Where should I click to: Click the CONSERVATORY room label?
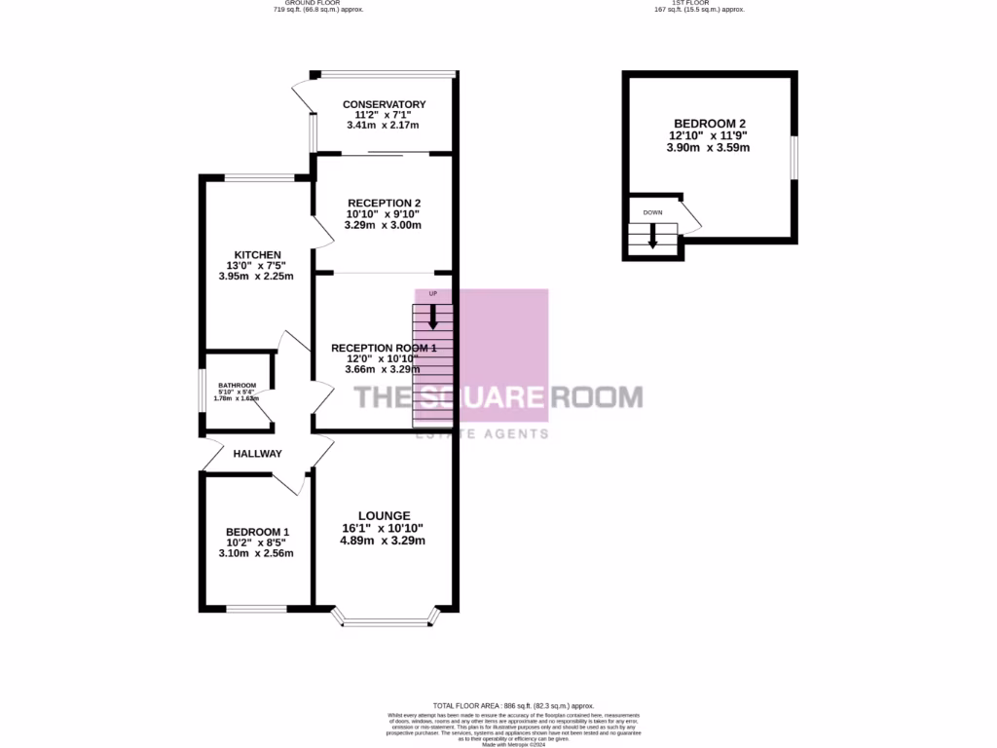pos(384,104)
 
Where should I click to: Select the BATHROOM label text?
pos(237,385)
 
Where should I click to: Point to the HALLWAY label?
pos(257,454)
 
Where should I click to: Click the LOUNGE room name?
pos(384,516)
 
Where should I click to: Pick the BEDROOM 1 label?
pos(257,532)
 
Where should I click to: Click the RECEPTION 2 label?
pos(383,203)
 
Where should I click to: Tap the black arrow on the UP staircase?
pos(433,317)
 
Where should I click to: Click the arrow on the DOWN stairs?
pos(652,237)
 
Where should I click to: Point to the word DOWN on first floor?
pos(651,211)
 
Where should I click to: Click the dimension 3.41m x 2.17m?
pos(384,126)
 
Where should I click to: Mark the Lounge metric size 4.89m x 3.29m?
pos(384,541)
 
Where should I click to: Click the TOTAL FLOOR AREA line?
pos(513,705)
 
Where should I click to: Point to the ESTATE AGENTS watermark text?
pos(482,433)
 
